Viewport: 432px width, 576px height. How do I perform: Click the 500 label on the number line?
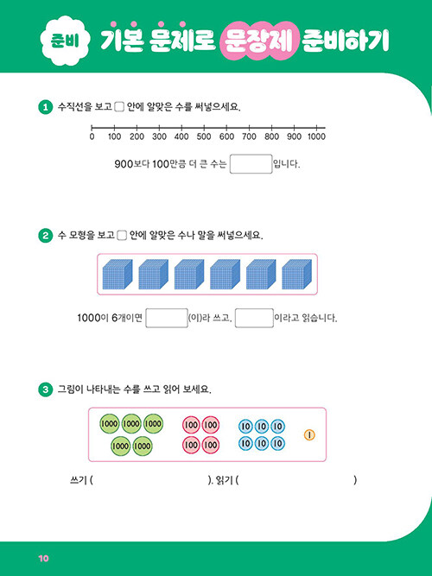click(204, 136)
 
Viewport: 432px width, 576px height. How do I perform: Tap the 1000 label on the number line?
click(316, 136)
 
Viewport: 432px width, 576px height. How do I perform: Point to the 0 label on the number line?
click(92, 136)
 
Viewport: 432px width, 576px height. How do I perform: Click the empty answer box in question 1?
click(251, 164)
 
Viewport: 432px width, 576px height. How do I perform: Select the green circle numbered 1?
click(46, 107)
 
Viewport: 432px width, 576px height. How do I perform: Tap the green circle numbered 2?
click(46, 235)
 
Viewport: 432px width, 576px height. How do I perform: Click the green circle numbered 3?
click(46, 389)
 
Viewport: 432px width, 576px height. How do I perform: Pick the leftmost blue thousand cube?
click(118, 274)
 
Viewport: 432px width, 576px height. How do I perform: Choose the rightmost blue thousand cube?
click(296, 274)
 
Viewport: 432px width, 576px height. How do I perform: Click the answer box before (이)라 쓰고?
click(167, 318)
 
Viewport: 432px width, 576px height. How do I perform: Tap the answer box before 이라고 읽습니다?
click(254, 318)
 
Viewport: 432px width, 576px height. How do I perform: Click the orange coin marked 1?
click(309, 435)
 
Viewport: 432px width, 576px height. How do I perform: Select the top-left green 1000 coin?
click(109, 423)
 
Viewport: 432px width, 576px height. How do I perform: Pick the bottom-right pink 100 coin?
click(210, 445)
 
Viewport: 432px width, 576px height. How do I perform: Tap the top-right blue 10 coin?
click(278, 427)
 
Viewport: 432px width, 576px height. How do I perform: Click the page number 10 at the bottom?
click(43, 559)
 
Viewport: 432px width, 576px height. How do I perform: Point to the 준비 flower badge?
click(65, 41)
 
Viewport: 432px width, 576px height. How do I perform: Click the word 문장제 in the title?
click(259, 41)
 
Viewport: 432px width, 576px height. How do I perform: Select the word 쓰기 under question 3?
click(79, 480)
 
